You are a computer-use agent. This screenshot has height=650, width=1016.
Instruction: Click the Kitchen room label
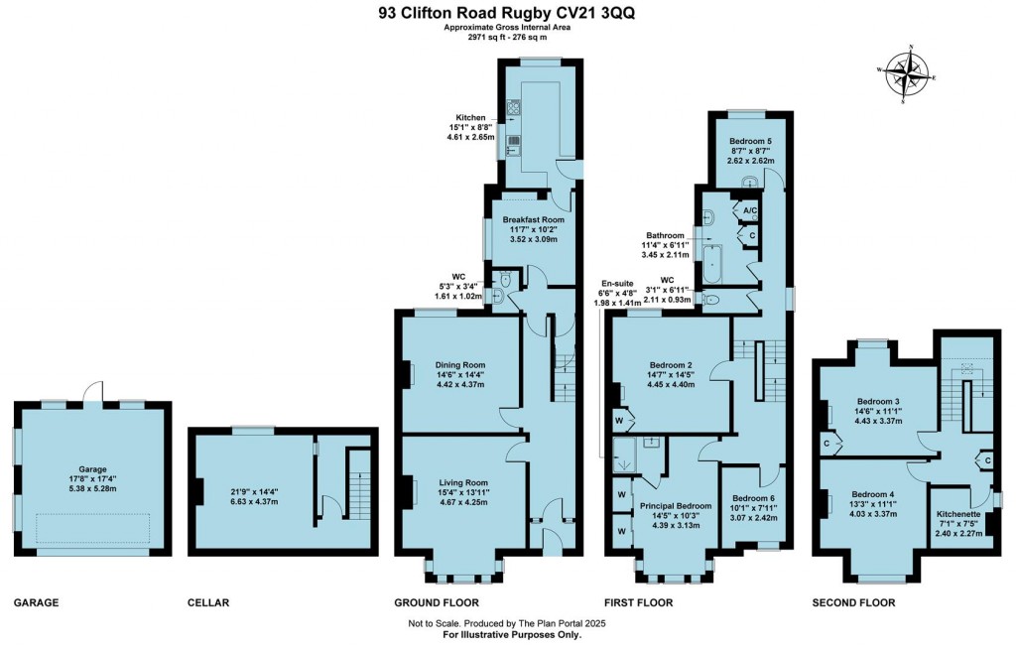tap(471, 118)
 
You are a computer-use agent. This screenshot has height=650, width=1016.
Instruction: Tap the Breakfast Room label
tap(533, 219)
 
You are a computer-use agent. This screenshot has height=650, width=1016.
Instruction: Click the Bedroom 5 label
tap(749, 139)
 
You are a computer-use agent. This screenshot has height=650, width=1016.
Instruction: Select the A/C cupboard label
tap(751, 210)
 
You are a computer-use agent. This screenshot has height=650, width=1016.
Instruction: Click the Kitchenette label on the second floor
tap(958, 514)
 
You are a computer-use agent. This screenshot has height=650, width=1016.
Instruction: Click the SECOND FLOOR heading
tap(853, 602)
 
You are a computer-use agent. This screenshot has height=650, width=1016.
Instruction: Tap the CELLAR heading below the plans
tap(208, 602)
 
